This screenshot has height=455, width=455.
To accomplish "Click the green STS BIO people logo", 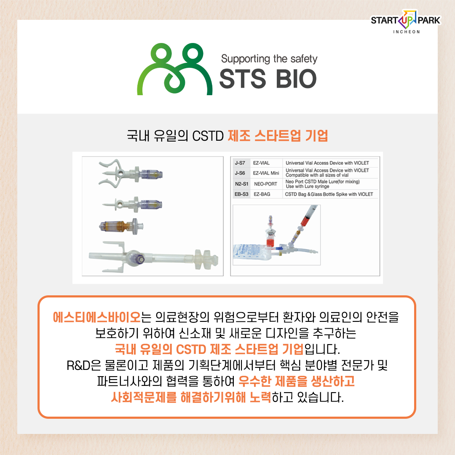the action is click(x=175, y=70).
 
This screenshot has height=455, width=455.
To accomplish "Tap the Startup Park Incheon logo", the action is click(x=406, y=22).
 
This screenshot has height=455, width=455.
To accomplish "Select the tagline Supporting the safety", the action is click(x=269, y=59).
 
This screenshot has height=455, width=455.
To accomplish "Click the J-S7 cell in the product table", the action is click(x=240, y=163).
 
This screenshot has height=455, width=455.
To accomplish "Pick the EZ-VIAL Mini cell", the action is click(x=266, y=173).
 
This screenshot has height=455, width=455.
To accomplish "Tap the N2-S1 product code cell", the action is click(x=241, y=184).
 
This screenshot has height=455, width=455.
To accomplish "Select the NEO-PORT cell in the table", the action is click(x=265, y=184).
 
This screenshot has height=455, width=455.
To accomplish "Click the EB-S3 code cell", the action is click(x=241, y=194).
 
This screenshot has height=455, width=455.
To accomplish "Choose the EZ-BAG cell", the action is click(x=262, y=194).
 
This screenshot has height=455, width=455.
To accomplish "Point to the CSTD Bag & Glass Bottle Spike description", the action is click(x=329, y=194).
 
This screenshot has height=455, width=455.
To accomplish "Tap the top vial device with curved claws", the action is click(x=130, y=173).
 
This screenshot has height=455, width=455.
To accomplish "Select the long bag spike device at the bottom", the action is click(x=153, y=257).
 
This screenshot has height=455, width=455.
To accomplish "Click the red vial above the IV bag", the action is click(x=270, y=235).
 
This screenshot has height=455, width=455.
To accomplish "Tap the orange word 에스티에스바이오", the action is click(x=96, y=317).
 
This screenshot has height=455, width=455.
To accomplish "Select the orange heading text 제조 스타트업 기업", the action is click(x=278, y=136).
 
